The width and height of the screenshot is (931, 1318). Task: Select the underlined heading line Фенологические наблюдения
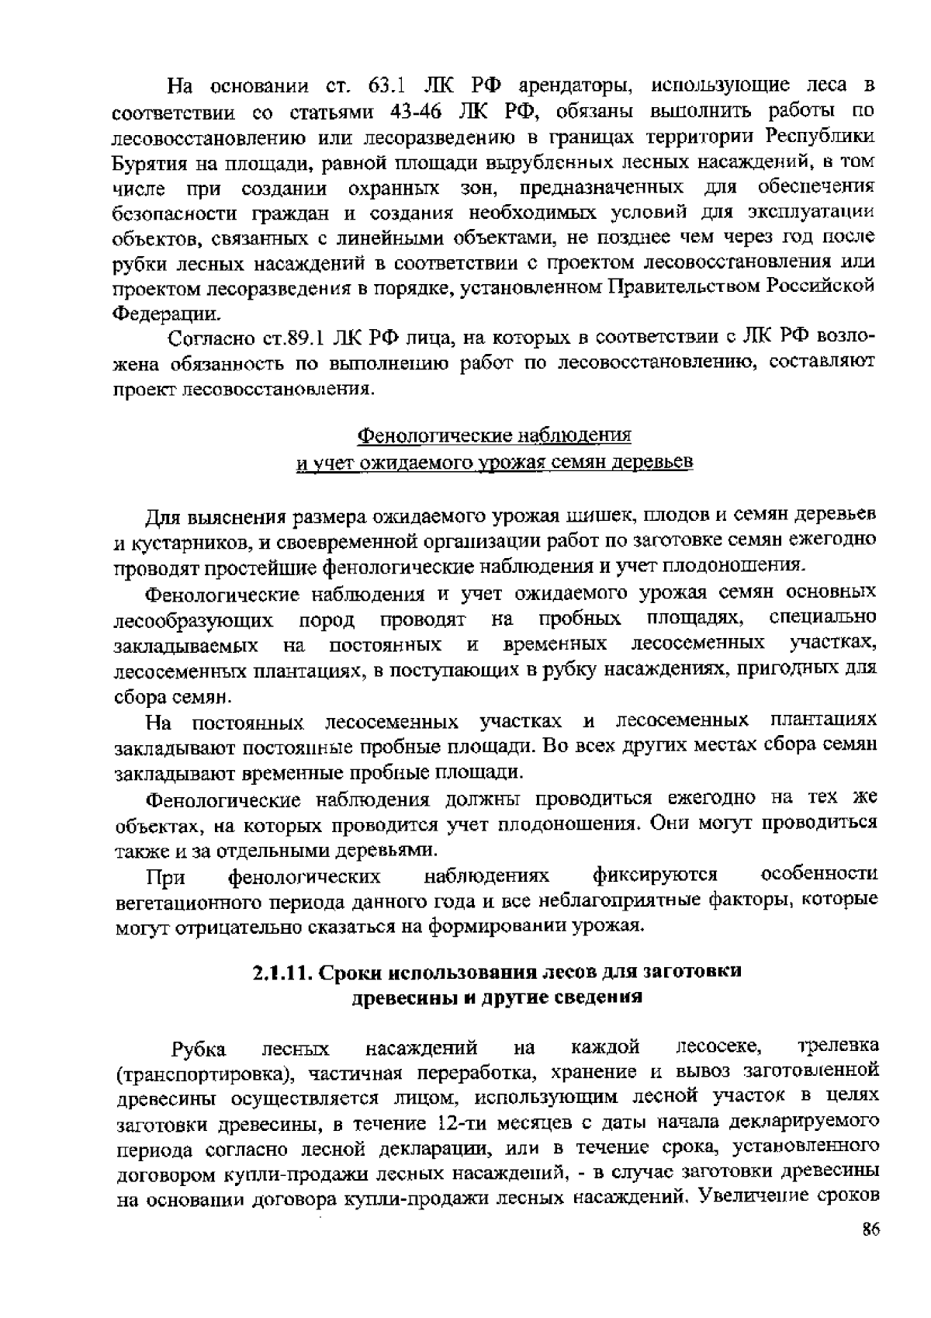(493, 434)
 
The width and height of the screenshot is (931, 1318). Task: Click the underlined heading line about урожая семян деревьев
(493, 463)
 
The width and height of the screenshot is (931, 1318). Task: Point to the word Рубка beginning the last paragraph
(199, 1049)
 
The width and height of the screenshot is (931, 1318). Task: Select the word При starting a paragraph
(165, 878)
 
